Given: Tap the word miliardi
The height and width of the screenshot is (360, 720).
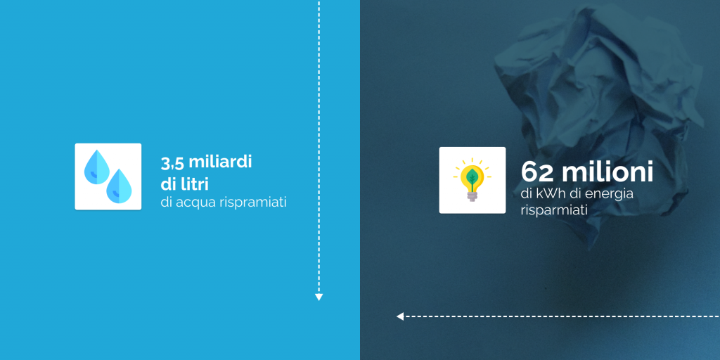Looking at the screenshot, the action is [220, 162].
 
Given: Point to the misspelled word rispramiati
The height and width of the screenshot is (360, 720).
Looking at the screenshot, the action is [253, 202].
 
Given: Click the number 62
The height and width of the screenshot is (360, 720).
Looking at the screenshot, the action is [538, 172].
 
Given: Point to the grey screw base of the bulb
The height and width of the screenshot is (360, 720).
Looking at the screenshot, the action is [472, 196].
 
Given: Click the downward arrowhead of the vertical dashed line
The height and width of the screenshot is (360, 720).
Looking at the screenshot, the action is [319, 297].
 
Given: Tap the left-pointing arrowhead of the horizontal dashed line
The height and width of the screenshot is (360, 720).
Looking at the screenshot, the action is [400, 316].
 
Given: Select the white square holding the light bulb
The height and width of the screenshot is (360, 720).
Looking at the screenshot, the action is [472, 180].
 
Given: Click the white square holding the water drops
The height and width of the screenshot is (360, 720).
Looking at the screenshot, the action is [108, 176].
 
